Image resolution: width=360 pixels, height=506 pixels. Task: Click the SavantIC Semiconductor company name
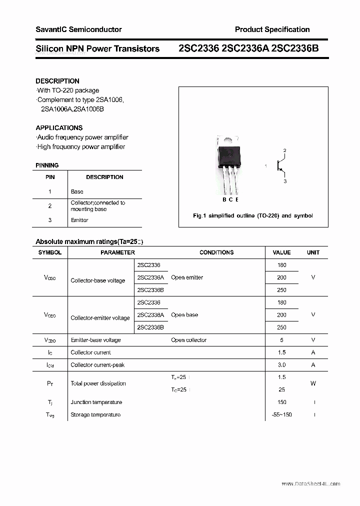coord(78,29)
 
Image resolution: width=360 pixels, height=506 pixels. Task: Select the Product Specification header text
coord(272,29)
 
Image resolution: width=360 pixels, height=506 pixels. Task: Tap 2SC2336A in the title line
coord(241,48)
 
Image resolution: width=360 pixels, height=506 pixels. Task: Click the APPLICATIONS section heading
coord(59,127)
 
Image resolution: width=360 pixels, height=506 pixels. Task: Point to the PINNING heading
coord(47,165)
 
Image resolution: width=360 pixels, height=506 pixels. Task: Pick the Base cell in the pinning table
coord(77,191)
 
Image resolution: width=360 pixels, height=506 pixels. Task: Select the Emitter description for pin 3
coord(79,220)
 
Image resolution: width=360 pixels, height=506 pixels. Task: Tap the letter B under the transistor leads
coord(224,200)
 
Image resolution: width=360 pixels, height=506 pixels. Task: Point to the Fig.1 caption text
coord(253,216)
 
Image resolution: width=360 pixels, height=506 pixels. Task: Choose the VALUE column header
coord(281,252)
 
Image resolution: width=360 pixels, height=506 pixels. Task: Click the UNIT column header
coord(313,252)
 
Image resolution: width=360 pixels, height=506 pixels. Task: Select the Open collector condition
coord(188,340)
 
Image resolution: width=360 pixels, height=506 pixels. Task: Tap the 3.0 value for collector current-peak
coord(281,365)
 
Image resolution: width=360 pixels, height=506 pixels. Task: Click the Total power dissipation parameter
coord(98,383)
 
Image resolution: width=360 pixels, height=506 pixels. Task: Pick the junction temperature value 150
coord(281,402)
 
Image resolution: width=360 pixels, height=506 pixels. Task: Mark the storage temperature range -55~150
coord(281,414)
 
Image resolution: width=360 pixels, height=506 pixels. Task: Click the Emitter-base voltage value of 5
coord(281,340)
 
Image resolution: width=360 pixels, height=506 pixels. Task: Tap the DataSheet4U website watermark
coord(310,484)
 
